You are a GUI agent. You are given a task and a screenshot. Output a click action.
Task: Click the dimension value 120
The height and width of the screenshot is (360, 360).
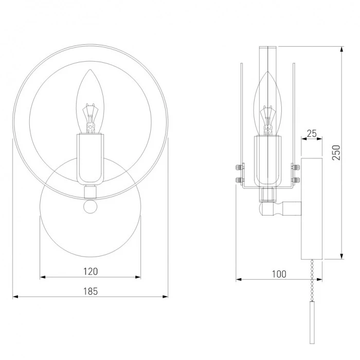coord(91,272)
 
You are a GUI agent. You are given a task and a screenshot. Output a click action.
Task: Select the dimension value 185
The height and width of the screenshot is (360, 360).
coord(91,291)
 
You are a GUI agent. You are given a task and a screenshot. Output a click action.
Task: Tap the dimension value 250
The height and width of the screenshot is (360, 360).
coord(336,152)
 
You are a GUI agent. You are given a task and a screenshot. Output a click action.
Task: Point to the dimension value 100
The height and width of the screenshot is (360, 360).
coord(279,274)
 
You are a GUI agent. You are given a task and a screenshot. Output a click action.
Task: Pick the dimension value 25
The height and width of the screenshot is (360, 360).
coord(312,133)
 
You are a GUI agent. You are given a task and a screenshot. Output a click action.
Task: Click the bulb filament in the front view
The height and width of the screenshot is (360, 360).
coord(90,118)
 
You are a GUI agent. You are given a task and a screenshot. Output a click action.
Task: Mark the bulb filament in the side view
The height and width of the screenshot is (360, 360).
coord(268,120)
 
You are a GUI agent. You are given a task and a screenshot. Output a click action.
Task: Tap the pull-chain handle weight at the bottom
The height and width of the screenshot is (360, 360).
coord(312,322)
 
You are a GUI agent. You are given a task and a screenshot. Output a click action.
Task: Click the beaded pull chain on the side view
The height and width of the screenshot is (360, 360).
coord(312,280)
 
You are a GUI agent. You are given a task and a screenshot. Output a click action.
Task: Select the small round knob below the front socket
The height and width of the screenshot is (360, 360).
coord(90,206)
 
